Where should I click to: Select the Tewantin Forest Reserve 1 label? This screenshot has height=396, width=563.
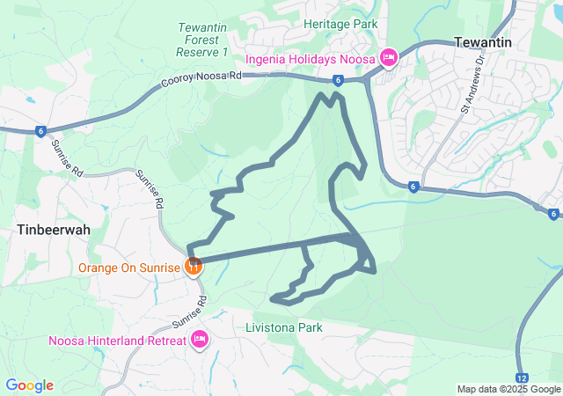pos(202,40)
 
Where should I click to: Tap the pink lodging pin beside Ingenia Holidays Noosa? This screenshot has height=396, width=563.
pos(389,58)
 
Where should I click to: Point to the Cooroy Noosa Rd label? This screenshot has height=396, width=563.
pos(201,81)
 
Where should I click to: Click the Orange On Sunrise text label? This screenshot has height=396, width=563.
pos(129,266)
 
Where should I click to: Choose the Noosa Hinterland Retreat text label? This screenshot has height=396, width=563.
pos(117,341)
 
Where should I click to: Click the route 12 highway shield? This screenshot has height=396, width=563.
pos(523,377)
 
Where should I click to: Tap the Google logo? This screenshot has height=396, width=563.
pos(29,385)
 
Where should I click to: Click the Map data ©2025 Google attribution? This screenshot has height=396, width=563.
pos(508,389)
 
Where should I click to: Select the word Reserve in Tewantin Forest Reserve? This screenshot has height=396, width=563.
pos(195,53)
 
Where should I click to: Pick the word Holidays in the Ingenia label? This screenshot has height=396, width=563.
pos(317,59)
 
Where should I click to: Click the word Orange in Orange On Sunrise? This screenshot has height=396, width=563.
pos(99,266)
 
